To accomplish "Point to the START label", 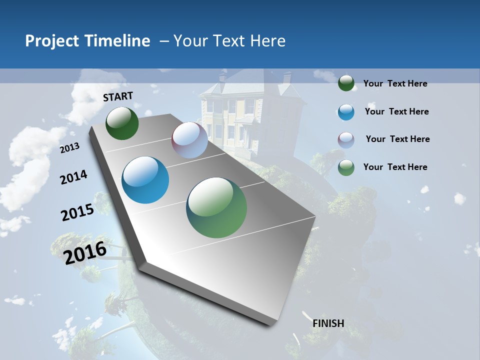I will tap(118, 96).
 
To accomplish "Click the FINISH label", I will tap(328, 323).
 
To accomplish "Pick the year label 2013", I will tap(69, 148).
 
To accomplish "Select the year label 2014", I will tap(73, 177).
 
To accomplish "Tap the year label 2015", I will tap(77, 212).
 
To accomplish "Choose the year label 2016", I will tap(85, 253).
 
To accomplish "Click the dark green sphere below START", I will tap(122, 123).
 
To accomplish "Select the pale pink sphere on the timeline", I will tap(189, 140).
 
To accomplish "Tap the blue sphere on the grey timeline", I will tap(145, 180).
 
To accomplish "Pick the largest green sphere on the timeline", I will tap(216, 207).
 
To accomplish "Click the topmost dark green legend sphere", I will tap(346, 83).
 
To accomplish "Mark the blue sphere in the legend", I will tap(346, 112).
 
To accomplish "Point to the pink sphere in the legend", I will tap(346, 139).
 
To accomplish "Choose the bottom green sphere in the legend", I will tap(346, 167).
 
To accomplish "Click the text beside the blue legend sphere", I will tap(397, 111).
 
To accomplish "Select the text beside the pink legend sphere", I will tap(397, 139).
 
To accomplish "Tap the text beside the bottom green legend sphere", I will tap(395, 167).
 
